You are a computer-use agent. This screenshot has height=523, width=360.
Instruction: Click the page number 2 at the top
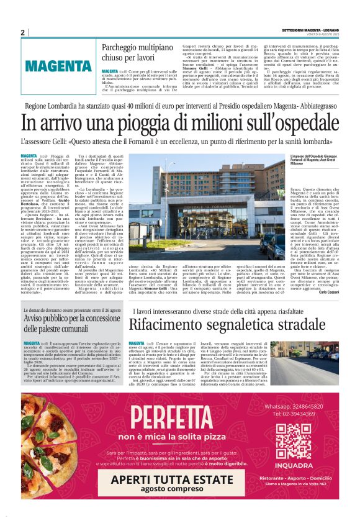tap(22, 32)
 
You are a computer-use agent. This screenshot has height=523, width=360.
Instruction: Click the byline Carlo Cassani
tap(335, 292)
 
